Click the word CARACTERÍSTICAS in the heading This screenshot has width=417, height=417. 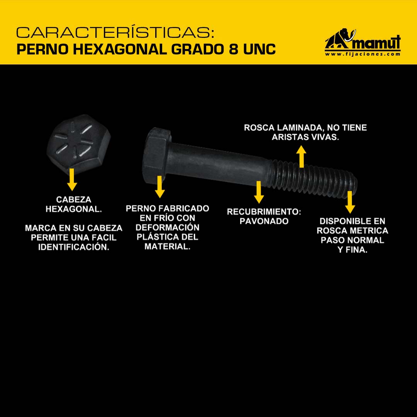pos(115,32)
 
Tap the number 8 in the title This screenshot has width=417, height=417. pos(233,49)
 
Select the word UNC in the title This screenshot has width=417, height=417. pos(259,49)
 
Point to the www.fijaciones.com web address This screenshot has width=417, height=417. pos(363,54)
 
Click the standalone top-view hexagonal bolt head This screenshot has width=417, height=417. pos(78,144)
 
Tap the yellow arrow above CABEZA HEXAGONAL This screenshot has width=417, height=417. pos(72,180)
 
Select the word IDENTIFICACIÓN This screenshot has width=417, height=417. pos(74,247)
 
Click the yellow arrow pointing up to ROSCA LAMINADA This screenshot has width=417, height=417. pos(301,156)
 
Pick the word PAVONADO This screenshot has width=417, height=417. pos(264,221)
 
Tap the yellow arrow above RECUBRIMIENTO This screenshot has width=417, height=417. pos(259,192)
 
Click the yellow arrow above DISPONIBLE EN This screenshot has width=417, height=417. pos(350,202)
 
